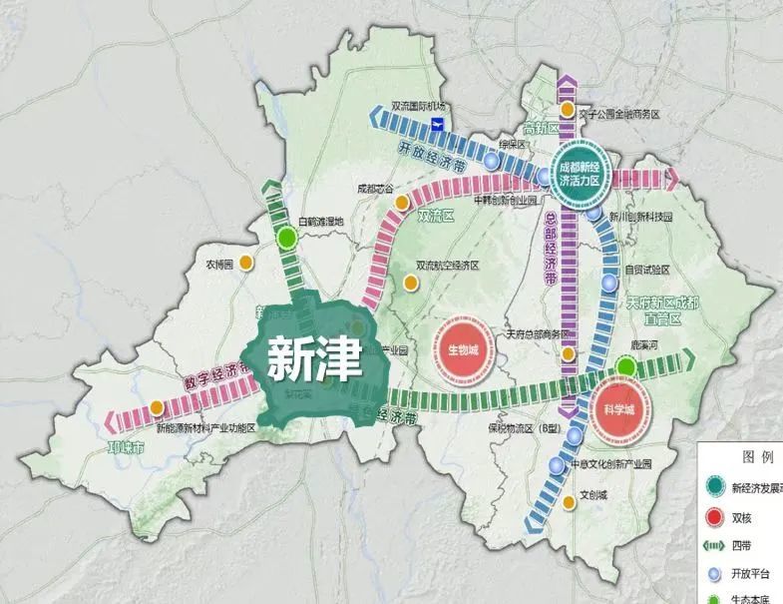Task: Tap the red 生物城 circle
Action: point(464,350)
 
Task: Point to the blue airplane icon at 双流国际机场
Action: point(436,123)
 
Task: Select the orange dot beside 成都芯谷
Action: point(401,203)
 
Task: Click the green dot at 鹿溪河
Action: point(625,368)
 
